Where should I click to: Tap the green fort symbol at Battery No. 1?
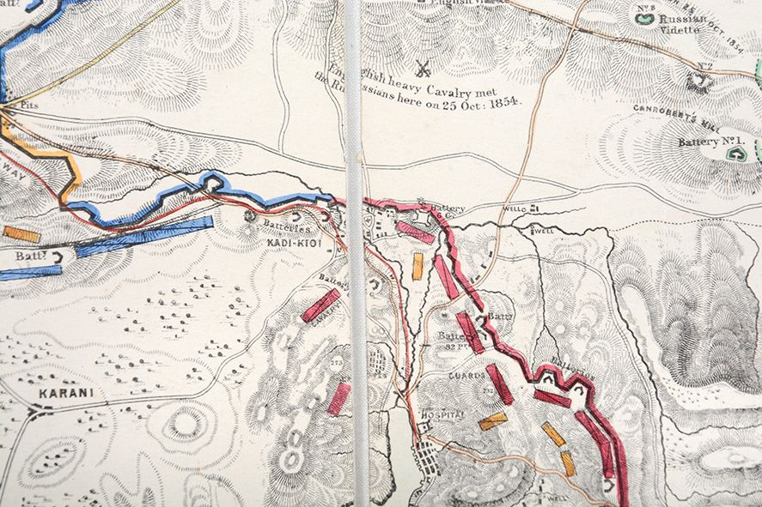735,153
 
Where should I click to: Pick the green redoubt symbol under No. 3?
646,17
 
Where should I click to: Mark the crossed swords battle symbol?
423,66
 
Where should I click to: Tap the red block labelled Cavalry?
320,305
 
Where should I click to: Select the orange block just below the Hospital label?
493,420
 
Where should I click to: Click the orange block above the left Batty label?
21,234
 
